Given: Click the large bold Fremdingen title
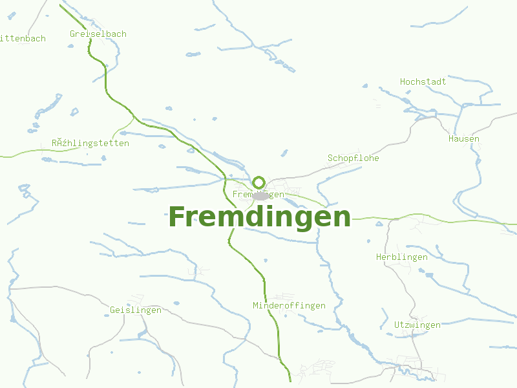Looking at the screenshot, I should coord(259,217).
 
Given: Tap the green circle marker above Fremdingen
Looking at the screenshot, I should coord(258,182).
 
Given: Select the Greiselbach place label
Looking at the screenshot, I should coord(98,34).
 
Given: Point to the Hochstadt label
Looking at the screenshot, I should coord(423,81).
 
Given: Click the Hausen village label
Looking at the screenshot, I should coord(464,138).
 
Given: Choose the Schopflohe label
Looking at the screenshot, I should coord(353,158).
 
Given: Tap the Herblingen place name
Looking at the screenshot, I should coord(402,257).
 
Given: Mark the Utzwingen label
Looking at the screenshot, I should coord(417,325).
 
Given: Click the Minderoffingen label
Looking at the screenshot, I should coord(290,305).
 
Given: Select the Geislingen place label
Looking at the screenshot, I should coord(136,310).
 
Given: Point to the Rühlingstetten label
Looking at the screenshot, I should coord(90,143).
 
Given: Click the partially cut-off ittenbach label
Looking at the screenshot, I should coord(23,38).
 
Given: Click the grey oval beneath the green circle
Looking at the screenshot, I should coord(261,196).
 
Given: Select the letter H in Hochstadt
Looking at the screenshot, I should coord(403,81).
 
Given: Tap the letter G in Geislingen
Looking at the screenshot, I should coord(112,310).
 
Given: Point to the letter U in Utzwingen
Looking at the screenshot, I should coord(397,325).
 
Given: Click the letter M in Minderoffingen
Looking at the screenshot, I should coord(256,305).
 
